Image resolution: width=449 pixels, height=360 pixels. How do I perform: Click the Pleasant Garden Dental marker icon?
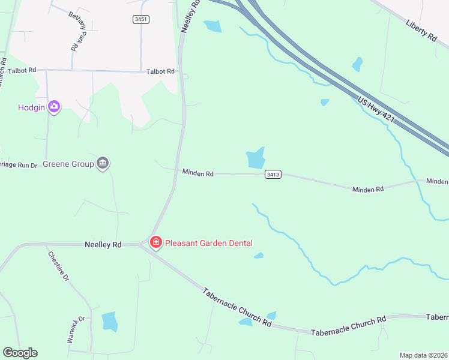tap(155, 242)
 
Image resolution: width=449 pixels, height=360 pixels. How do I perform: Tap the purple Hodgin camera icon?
tap(55, 107)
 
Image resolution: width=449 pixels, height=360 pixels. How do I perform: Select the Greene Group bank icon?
tap(103, 163)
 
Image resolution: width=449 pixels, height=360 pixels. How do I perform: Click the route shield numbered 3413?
tap(273, 175)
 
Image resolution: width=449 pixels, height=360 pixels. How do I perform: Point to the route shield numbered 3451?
tap(141, 19)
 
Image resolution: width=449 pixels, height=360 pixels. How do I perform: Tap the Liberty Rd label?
tap(421, 29)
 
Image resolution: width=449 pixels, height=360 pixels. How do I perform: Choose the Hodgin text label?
tap(32, 107)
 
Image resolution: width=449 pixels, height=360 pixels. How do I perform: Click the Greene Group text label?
tap(68, 163)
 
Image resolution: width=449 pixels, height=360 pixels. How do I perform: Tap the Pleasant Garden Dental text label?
tap(208, 243)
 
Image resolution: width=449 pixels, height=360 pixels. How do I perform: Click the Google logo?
tap(20, 353)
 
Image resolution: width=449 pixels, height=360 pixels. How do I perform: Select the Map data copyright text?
tap(423, 355)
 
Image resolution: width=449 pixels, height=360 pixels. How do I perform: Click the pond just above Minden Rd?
tap(256, 158)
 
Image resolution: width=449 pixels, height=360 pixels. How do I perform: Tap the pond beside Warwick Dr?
tap(110, 322)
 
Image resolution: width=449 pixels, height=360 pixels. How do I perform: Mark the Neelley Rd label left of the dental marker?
tap(103, 244)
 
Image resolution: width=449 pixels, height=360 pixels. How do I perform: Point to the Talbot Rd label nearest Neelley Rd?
tap(160, 71)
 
